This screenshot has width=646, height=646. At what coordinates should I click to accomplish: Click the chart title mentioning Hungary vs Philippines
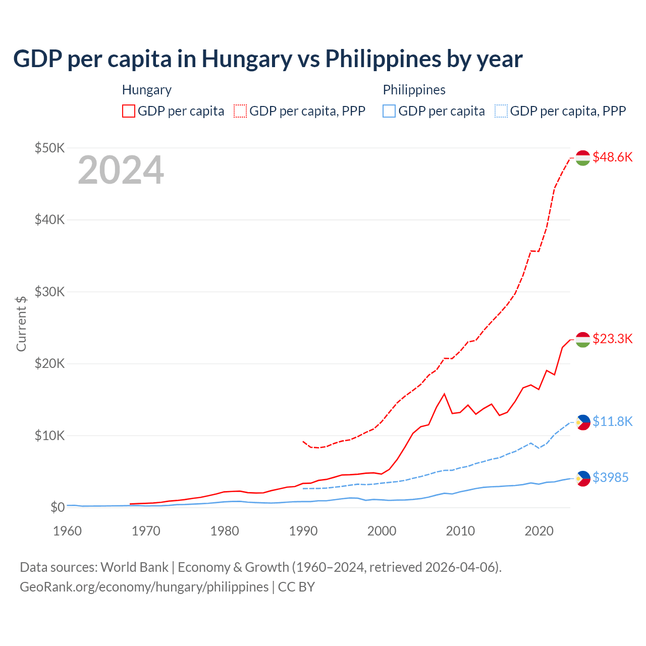(x=267, y=59)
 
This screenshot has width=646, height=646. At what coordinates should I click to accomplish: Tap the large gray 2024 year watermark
(x=121, y=170)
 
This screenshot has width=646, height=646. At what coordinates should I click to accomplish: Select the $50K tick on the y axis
(x=49, y=148)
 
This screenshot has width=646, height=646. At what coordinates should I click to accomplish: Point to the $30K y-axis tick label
(x=49, y=292)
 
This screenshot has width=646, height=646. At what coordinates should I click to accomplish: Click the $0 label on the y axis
(x=58, y=507)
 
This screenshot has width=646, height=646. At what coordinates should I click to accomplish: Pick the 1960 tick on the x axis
(x=67, y=531)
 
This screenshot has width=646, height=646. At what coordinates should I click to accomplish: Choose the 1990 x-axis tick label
(x=303, y=531)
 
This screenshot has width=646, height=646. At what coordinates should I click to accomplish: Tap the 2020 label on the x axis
(x=539, y=531)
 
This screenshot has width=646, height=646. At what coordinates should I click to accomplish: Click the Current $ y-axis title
(x=21, y=324)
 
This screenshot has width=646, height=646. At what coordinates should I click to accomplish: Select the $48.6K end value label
(x=612, y=157)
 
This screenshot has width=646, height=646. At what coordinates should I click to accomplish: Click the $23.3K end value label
(x=612, y=339)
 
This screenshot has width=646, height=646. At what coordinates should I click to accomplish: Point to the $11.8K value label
(x=612, y=421)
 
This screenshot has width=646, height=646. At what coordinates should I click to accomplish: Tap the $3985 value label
(x=610, y=477)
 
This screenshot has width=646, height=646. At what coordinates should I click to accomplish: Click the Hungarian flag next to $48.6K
(x=583, y=157)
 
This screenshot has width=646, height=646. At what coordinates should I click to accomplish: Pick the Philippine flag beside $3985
(x=583, y=478)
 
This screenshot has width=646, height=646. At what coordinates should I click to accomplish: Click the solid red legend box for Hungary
(x=129, y=111)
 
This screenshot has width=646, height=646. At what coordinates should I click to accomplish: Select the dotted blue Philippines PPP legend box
(x=501, y=111)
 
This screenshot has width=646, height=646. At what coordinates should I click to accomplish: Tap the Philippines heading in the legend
(x=414, y=90)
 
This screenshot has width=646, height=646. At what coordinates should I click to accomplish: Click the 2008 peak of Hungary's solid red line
(x=444, y=394)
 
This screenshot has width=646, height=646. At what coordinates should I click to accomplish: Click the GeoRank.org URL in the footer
(x=144, y=587)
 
